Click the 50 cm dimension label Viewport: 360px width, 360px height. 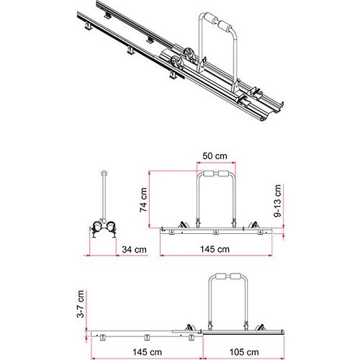pyautogui.click(x=215, y=156)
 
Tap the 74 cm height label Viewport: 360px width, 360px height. pyautogui.click(x=143, y=200)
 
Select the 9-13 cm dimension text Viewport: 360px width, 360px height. pyautogui.click(x=277, y=201)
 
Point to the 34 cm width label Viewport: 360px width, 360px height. pyautogui.click(x=134, y=250)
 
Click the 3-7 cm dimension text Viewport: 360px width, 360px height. pyautogui.click(x=81, y=304)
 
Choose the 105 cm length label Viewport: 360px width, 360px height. pyautogui.click(x=244, y=352)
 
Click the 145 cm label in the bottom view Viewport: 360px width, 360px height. pyautogui.click(x=147, y=352)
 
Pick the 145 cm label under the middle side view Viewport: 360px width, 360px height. pyautogui.click(x=215, y=249)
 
